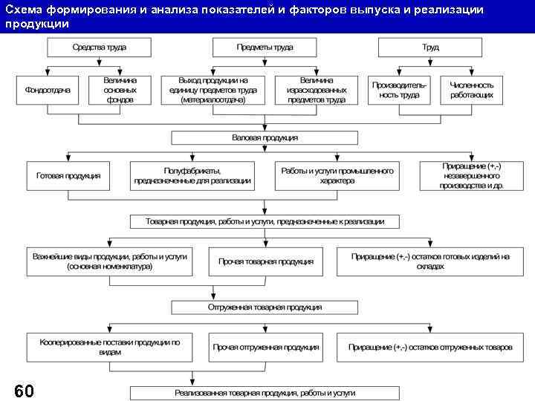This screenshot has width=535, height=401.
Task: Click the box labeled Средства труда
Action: pyautogui.click(x=99, y=48)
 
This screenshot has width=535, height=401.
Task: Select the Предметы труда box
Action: pyautogui.click(x=265, y=48)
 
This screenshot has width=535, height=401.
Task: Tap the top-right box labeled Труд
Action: pyautogui.click(x=430, y=48)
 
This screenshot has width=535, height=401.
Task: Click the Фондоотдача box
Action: pyautogui.click(x=48, y=90)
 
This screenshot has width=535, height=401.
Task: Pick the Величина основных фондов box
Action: pyautogui.click(x=120, y=90)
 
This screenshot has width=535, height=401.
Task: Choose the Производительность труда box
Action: pyautogui.click(x=400, y=90)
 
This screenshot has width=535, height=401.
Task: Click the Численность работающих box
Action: pyautogui.click(x=471, y=90)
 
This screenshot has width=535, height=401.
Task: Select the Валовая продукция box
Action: pyautogui.click(x=265, y=138)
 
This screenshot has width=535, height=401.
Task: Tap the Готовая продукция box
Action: pyautogui.click(x=68, y=176)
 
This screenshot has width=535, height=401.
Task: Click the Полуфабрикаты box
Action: pyautogui.click(x=192, y=176)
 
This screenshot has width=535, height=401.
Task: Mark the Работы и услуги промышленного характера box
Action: pyautogui.click(x=337, y=176)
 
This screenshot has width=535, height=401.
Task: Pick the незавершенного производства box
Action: pyautogui.click(x=473, y=176)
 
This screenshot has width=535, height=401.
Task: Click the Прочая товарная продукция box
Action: pyautogui.click(x=265, y=261)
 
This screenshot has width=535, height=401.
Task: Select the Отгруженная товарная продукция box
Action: pyautogui.click(x=265, y=307)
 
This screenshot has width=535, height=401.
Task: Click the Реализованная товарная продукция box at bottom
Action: pyautogui.click(x=265, y=393)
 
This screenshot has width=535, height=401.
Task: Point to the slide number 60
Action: pyautogui.click(x=24, y=391)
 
